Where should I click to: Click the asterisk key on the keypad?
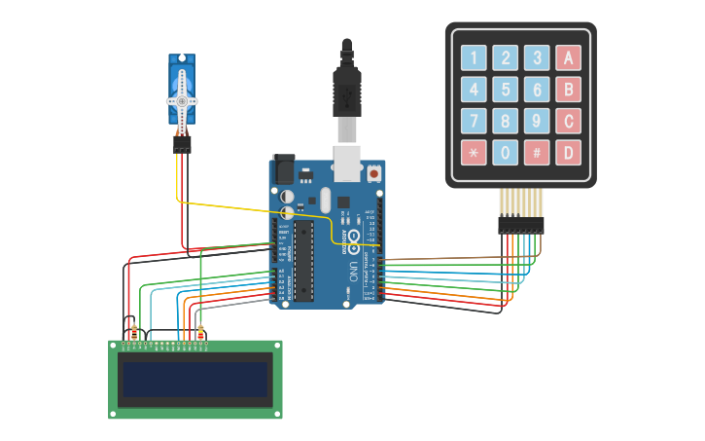point(474,152)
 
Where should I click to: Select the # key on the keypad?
point(536,152)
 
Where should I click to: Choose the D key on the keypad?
point(568,152)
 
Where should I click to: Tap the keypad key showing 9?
point(536,121)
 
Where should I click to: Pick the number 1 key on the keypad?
point(474,57)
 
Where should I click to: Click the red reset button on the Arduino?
point(373,173)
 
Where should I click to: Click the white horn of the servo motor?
point(182,99)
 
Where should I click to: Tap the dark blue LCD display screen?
point(194,380)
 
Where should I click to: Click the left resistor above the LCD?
point(133,331)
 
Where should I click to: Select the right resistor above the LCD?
point(201,331)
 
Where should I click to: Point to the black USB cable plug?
point(347,88)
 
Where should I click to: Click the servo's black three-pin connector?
point(182,144)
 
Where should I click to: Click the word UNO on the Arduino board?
point(351,270)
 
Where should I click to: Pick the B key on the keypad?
point(568,90)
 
